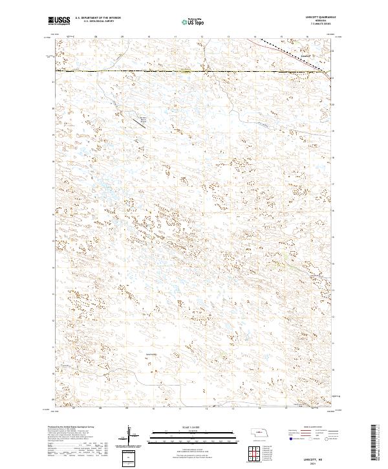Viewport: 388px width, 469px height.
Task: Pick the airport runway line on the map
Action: [184, 72]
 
